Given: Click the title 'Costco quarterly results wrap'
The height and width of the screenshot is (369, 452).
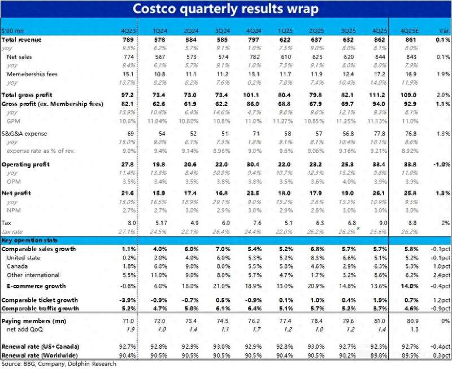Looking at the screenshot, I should pyautogui.click(x=225, y=10).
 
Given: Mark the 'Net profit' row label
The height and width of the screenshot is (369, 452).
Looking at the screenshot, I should pyautogui.click(x=18, y=193).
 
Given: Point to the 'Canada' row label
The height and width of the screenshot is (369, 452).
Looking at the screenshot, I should pyautogui.click(x=18, y=266).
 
